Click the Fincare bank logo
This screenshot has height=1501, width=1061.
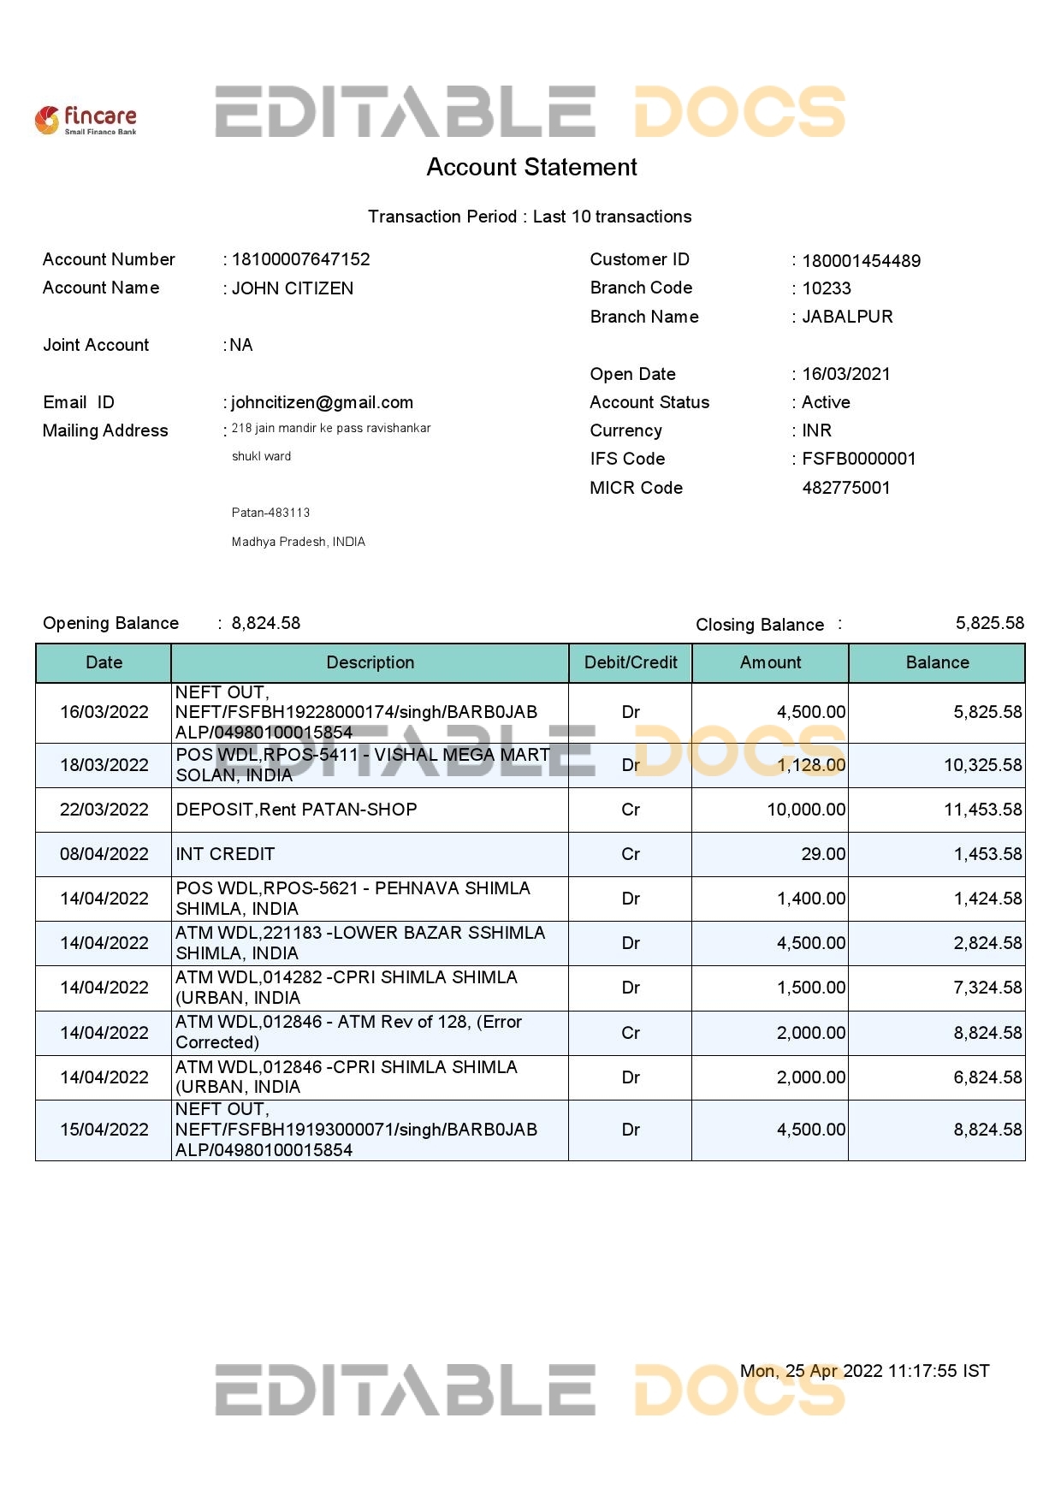(86, 120)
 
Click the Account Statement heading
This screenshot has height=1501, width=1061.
(531, 167)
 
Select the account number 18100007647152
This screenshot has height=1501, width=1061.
(300, 259)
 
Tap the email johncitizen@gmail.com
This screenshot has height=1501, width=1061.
(322, 402)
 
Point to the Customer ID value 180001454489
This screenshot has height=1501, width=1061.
(861, 261)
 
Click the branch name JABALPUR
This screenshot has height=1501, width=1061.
(847, 317)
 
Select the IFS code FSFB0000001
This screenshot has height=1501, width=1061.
(858, 459)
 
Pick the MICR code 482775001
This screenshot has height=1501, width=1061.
(846, 488)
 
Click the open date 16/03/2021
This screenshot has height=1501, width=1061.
(845, 374)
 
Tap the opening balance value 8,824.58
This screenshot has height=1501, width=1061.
(266, 623)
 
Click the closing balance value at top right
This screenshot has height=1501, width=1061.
(989, 623)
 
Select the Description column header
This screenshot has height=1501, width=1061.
(370, 662)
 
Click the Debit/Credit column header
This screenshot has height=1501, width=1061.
(631, 662)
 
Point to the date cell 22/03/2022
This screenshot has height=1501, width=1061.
(104, 810)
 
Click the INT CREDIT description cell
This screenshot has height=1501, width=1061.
(225, 854)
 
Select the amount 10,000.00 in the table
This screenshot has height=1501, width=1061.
(806, 810)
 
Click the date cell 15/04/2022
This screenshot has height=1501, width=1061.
(104, 1130)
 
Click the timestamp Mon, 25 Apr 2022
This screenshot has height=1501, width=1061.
(864, 1371)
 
